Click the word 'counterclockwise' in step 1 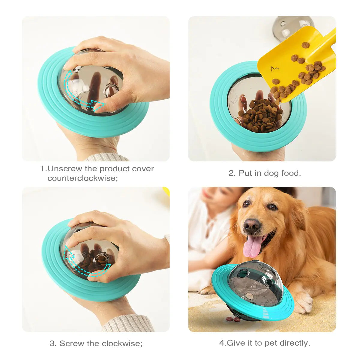click(82, 178)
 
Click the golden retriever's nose click(251, 225)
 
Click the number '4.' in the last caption click(222, 343)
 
